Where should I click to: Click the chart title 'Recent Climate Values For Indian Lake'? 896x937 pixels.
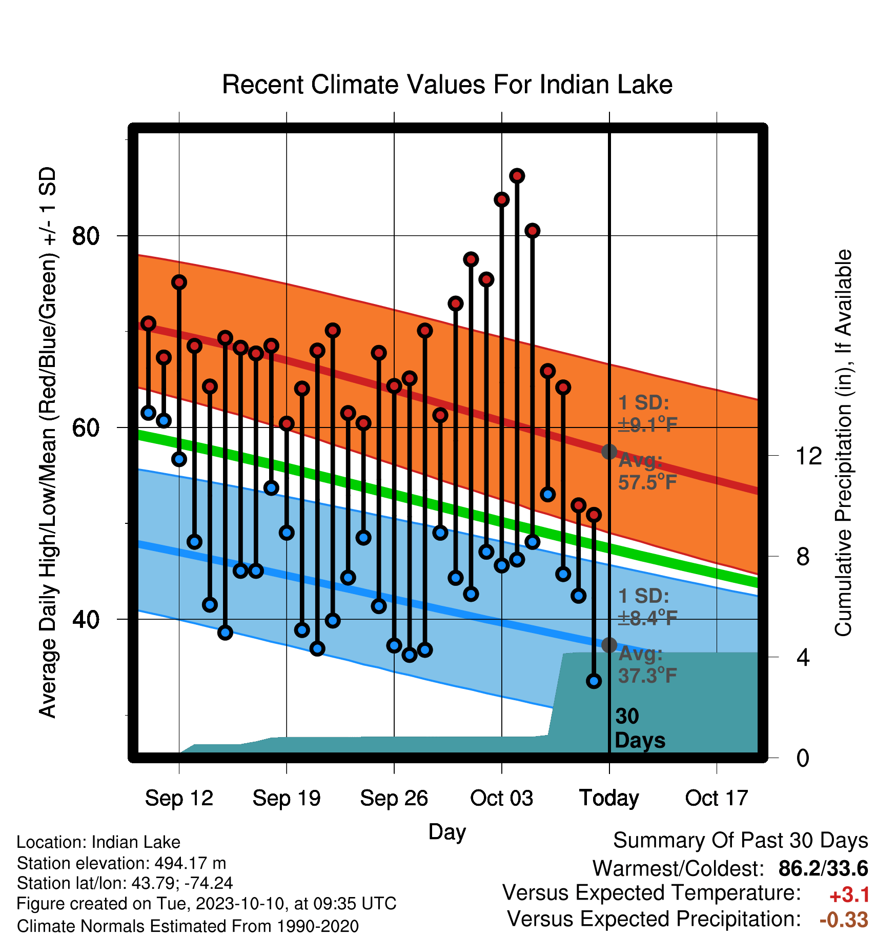point(447,85)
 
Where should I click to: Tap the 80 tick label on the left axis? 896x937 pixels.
point(86,236)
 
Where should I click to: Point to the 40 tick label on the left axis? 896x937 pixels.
point(86,619)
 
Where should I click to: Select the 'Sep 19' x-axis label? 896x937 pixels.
point(287,798)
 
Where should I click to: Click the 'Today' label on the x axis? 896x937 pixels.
point(609,798)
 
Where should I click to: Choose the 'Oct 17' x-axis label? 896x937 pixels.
point(717,798)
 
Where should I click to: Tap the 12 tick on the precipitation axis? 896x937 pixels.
point(808,456)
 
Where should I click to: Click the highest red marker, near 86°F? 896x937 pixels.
point(517,176)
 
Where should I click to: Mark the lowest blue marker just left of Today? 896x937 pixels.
point(594,681)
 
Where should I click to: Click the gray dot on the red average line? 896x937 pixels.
point(609,452)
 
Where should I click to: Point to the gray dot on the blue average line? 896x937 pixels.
point(609,645)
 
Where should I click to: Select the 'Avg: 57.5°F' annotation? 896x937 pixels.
point(648,472)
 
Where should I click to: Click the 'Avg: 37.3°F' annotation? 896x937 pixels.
point(648,665)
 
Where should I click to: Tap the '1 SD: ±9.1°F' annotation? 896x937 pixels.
point(648,413)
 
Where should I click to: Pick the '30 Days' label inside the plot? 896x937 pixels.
point(640,728)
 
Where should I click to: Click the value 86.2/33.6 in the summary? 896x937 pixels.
point(823,868)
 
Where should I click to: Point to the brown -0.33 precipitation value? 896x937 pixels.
point(844,920)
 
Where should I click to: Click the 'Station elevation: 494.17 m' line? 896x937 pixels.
point(121,863)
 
